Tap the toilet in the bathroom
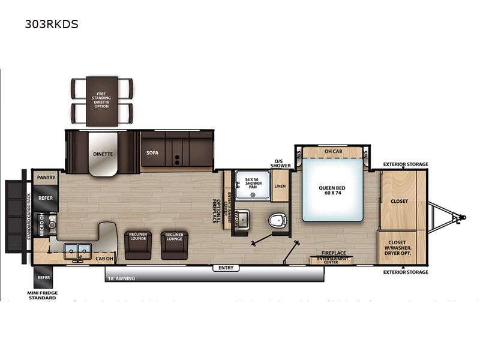277,220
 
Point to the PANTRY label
46,178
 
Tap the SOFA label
152,153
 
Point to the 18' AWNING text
121,278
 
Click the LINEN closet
280,187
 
